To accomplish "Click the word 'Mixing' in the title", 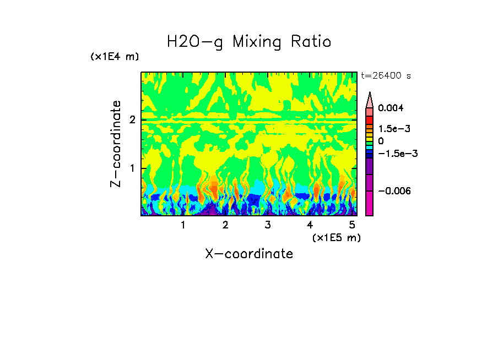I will (257, 42).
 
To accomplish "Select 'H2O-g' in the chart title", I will (195, 42).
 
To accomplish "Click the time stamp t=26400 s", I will (386, 75).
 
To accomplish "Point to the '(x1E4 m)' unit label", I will (115, 57).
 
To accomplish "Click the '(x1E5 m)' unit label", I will (336, 237).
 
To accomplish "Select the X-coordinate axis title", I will (249, 254).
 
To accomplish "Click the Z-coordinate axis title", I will (116, 144).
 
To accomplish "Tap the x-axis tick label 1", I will (183, 225).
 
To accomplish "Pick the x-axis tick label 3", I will (267, 225).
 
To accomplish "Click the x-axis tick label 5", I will (352, 225).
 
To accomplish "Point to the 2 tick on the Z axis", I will (132, 120).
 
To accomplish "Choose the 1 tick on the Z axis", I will (132, 168).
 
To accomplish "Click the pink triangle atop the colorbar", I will (370, 100).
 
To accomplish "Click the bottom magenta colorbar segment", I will (370, 203).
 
